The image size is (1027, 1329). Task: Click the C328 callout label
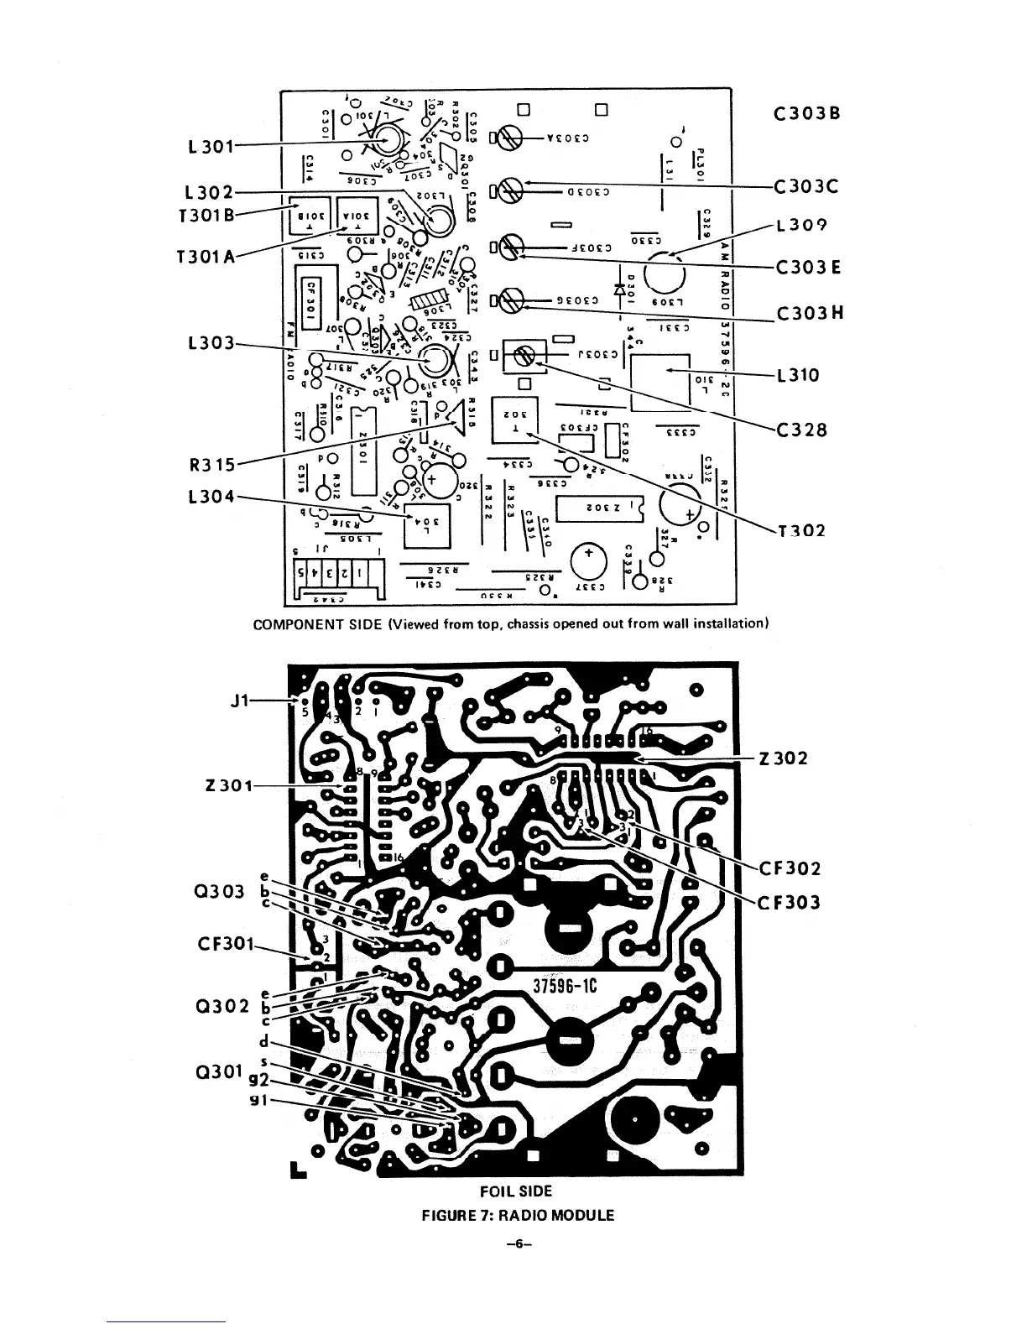tap(801, 430)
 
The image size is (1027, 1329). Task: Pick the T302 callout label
tap(801, 530)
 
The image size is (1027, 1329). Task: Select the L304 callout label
tap(209, 497)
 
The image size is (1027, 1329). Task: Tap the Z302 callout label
tap(783, 758)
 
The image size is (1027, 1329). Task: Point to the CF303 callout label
tap(790, 903)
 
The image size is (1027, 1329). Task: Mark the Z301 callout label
tap(227, 786)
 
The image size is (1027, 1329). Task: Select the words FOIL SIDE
tap(515, 1191)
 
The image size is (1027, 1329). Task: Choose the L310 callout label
tap(797, 374)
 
